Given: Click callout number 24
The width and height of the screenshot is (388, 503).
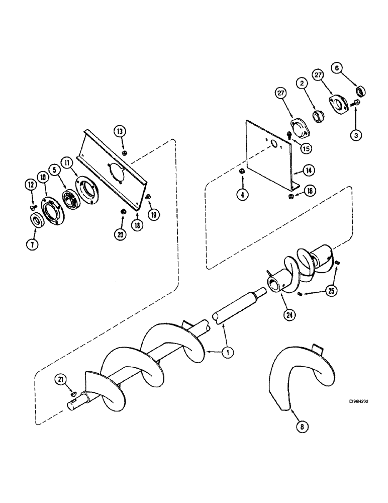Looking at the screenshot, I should tap(291, 316).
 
